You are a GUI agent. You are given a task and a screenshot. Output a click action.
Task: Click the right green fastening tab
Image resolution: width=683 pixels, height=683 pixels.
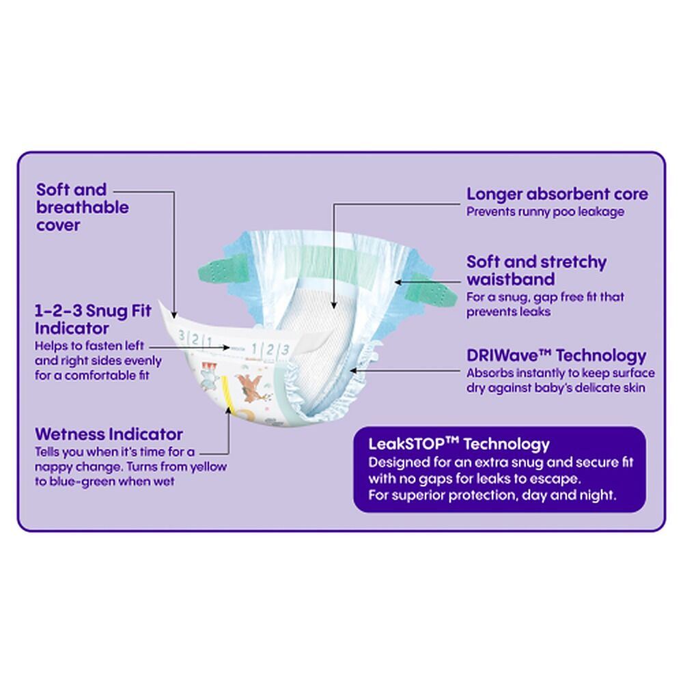pyautogui.click(x=430, y=290)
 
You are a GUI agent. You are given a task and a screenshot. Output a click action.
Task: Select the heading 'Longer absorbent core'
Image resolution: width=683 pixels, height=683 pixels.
pyautogui.click(x=557, y=194)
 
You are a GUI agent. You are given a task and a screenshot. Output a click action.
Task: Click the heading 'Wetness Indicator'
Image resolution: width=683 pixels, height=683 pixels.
pyautogui.click(x=109, y=434)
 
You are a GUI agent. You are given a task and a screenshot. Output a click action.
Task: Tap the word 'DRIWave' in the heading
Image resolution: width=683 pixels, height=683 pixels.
pyautogui.click(x=503, y=355)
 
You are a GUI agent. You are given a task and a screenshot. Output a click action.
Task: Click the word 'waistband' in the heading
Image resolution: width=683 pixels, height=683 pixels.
pyautogui.click(x=510, y=279)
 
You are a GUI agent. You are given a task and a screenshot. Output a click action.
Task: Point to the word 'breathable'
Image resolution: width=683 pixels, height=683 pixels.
pyautogui.click(x=83, y=208)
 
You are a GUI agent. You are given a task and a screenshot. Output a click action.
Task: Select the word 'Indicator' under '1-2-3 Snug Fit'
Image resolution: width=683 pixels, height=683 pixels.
pyautogui.click(x=72, y=329)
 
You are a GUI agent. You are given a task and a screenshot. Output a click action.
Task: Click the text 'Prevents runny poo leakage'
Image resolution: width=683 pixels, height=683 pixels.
pyautogui.click(x=545, y=212)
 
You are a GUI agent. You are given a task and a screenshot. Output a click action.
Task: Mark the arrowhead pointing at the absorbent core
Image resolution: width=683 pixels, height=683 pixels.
pyautogui.click(x=334, y=305)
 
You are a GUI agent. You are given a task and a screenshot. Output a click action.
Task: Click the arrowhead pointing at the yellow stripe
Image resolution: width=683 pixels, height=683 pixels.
pyautogui.click(x=228, y=410)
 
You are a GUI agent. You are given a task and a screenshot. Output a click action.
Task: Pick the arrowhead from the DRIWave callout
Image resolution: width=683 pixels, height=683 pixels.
pyautogui.click(x=354, y=371)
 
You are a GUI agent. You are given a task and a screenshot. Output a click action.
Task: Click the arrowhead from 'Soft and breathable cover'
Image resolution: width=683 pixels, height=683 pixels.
pyautogui.click(x=174, y=315)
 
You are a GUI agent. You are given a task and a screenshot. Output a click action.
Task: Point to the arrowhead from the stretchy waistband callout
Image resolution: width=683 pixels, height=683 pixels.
pyautogui.click(x=398, y=282)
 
